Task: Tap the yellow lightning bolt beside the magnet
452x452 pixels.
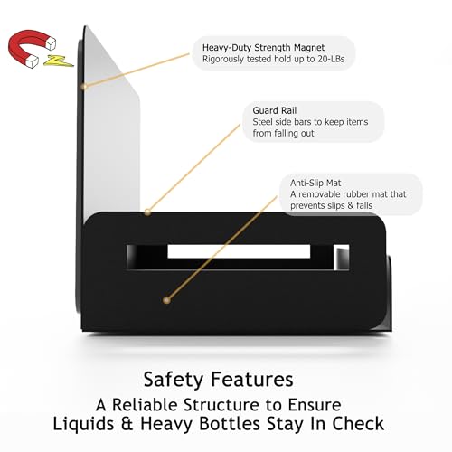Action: [x=58, y=61]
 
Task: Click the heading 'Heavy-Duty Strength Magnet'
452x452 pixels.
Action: [x=263, y=48]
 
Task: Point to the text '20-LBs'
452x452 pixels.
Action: [x=331, y=59]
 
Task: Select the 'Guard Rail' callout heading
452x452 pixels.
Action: [x=275, y=110]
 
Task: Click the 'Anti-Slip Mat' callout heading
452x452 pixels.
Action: [x=315, y=183]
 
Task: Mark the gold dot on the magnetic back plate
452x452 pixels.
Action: [x=84, y=87]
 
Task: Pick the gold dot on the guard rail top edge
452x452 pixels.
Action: [x=147, y=212]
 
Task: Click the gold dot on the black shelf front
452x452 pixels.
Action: [x=166, y=300]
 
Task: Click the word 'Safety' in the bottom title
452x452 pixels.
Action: [x=174, y=380]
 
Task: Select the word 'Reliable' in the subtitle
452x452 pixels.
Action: [x=145, y=405]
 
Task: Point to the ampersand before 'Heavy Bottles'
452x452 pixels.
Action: [x=127, y=424]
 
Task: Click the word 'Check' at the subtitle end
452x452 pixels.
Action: [x=358, y=423]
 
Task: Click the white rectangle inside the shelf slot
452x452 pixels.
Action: [x=239, y=251]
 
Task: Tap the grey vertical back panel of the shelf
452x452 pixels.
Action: [x=111, y=120]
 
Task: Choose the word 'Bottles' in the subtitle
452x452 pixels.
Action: [x=230, y=423]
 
